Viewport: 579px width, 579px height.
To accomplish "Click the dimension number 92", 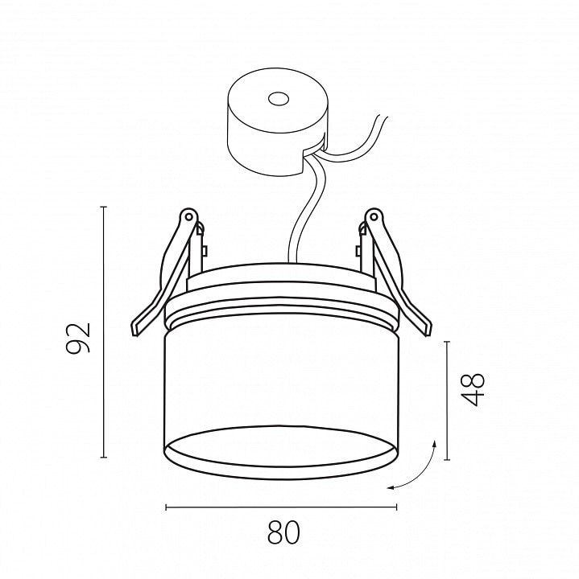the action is click(x=78, y=338).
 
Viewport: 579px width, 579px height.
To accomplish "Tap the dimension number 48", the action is click(x=474, y=389).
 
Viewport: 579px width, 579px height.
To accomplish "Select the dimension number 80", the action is click(x=283, y=532).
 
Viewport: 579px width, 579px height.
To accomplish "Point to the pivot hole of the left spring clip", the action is click(x=188, y=216).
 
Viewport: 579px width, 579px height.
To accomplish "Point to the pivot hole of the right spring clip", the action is click(x=374, y=216).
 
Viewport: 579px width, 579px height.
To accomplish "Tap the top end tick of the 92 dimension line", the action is click(x=104, y=207).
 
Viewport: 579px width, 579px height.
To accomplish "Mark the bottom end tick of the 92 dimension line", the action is click(x=104, y=457).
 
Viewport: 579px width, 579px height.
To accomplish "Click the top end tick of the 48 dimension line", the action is click(x=448, y=342).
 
